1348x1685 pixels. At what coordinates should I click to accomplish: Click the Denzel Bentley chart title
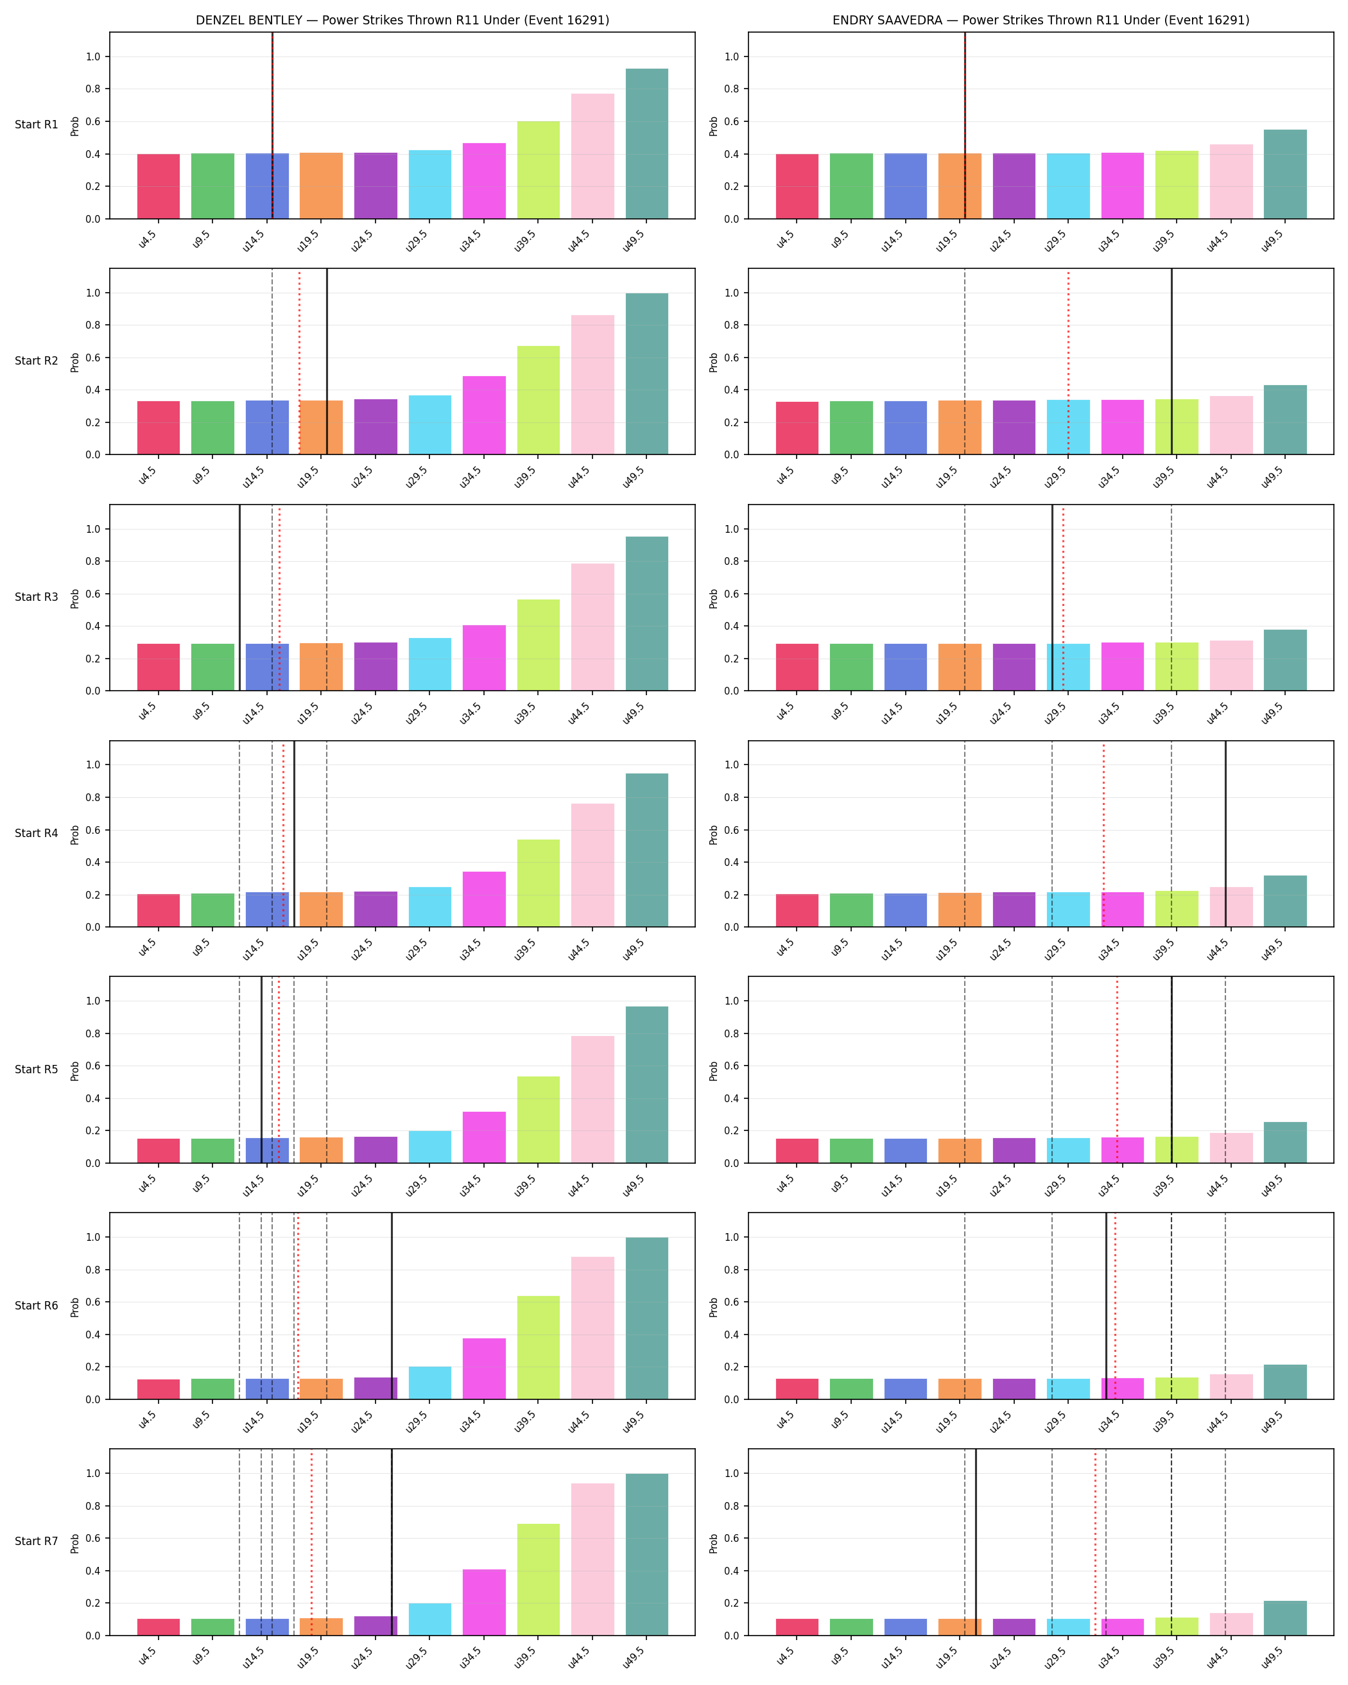point(402,21)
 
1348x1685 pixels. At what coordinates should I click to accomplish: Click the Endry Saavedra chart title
point(1041,21)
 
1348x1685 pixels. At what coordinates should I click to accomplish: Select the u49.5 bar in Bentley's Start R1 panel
point(647,144)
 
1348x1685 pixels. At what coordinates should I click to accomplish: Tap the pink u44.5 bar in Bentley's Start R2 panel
point(592,385)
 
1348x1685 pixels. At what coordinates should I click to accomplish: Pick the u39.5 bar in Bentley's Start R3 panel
point(539,644)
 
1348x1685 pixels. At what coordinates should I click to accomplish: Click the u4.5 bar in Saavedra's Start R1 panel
point(797,186)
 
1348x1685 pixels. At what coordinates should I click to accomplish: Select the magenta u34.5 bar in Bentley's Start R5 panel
point(485,1137)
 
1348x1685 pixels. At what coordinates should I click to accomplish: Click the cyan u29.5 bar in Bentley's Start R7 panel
point(430,1620)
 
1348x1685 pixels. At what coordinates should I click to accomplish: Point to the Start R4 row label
point(36,833)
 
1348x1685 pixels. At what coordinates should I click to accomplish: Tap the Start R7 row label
point(36,1541)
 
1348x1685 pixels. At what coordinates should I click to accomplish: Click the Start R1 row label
point(36,125)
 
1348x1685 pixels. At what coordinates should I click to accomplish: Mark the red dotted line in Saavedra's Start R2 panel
point(1068,362)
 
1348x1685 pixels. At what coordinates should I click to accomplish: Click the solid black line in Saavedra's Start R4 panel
point(1225,834)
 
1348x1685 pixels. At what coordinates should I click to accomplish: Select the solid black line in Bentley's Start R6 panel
point(392,1306)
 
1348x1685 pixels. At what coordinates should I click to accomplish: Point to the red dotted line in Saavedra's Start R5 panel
point(1117,1070)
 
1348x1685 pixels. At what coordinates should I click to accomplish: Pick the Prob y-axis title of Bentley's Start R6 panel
point(75,1306)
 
